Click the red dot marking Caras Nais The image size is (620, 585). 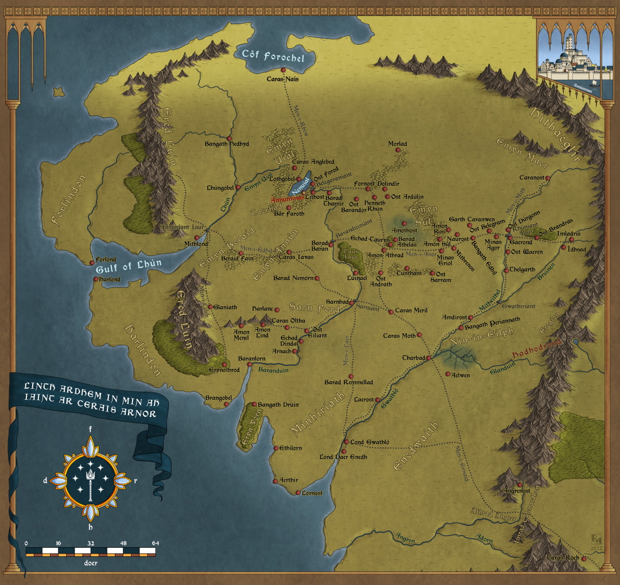click(284, 70)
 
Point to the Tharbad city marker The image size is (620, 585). click(428, 358)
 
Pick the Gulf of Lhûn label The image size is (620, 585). click(129, 264)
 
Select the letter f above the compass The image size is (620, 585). click(90, 428)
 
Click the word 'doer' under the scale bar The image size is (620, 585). click(90, 562)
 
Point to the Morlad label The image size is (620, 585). click(397, 144)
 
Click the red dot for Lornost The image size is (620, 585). click(298, 493)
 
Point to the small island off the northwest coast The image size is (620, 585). click(57, 92)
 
